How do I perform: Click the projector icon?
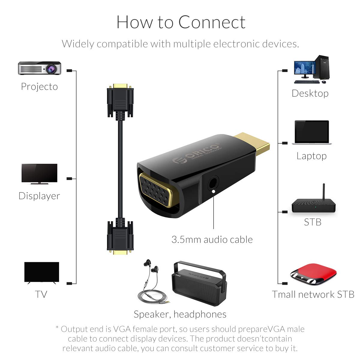pos(40,68)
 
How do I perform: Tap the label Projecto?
pos(39,86)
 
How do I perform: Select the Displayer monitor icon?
pos(39,174)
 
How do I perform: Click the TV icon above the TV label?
pos(41,273)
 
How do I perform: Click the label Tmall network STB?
pos(313,294)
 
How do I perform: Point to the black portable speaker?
pos(198,283)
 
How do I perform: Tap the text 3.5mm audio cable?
pos(212,239)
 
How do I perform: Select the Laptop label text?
pos(311,156)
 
